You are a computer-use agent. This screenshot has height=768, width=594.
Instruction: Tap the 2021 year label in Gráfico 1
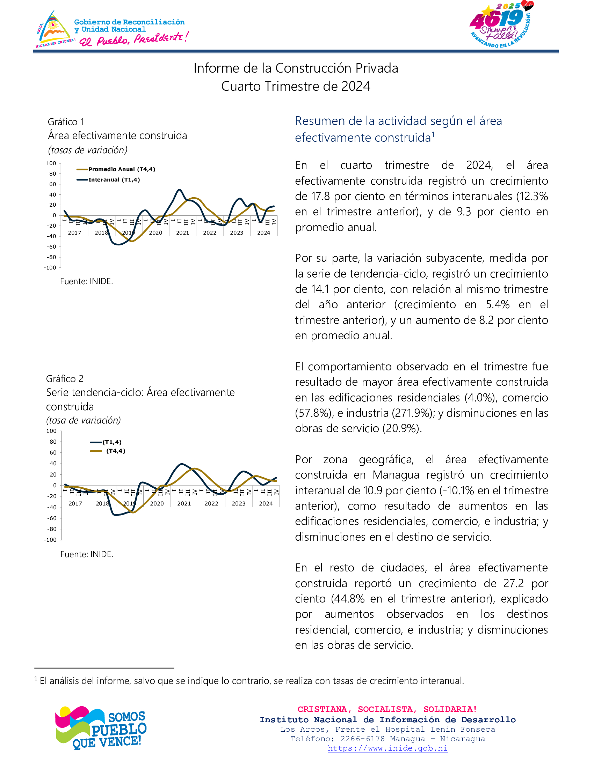coord(182,233)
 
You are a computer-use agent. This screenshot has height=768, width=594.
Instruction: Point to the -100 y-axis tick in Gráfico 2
coord(50,540)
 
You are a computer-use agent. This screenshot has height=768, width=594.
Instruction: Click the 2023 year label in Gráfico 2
coord(238,503)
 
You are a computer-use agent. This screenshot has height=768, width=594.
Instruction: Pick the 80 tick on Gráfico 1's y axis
coord(52,174)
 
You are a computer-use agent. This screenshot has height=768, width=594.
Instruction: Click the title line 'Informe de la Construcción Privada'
coord(296,68)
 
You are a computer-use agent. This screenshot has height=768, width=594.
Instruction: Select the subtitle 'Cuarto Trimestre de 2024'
coord(296,87)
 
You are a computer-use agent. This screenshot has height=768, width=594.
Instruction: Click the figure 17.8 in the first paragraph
coord(320,196)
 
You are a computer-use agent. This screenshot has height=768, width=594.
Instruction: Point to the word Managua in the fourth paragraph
coord(396,475)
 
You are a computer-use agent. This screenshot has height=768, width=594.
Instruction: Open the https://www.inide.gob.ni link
coord(387,748)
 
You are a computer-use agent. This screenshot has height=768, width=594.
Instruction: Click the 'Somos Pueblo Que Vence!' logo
coord(101,728)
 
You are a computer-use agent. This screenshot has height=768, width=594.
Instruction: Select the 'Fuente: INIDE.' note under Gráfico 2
coord(87,554)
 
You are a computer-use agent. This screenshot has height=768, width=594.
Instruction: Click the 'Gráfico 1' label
coord(66,122)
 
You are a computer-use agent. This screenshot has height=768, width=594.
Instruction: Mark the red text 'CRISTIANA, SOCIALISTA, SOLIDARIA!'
coord(387,709)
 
